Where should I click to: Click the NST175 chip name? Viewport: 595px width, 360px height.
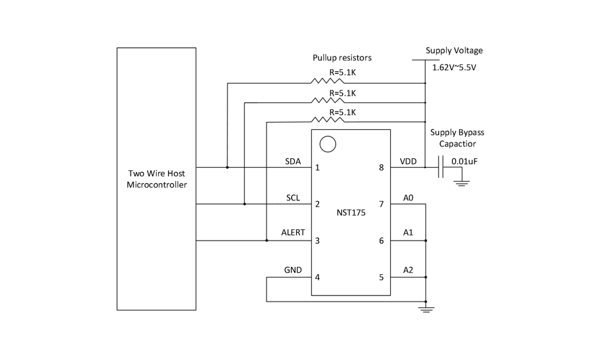[351, 212]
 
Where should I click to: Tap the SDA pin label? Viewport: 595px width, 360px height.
[293, 161]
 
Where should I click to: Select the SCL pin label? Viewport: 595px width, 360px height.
[293, 198]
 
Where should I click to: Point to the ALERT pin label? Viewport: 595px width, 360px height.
[293, 233]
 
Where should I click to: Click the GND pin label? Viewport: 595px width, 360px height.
[293, 270]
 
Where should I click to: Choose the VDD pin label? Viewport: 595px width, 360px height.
[408, 161]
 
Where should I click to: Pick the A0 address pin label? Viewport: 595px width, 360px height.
[408, 198]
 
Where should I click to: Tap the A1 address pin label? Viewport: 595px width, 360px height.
[408, 233]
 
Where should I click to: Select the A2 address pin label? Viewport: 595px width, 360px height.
[408, 270]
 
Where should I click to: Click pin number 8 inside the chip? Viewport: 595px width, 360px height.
[381, 168]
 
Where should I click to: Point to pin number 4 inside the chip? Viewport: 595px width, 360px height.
[318, 277]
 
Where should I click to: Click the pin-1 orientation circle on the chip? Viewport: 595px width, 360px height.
[328, 144]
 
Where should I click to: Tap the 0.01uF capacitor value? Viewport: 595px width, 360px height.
[464, 161]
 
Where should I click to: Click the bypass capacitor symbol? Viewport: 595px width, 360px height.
[442, 167]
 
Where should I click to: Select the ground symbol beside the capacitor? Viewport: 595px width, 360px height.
[461, 183]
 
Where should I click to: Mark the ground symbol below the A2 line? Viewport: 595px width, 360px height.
[426, 308]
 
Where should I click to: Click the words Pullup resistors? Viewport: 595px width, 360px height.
[342, 58]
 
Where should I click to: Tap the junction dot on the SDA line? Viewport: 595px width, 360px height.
[227, 167]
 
